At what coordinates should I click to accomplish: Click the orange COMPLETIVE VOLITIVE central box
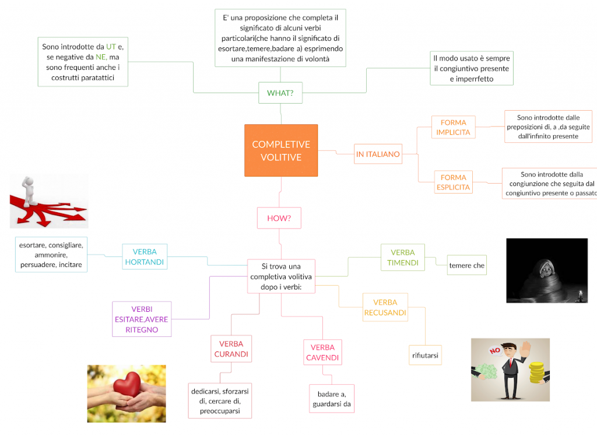[281, 150]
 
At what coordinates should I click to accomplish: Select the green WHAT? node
[280, 93]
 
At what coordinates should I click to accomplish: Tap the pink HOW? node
[279, 218]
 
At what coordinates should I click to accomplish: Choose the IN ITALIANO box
[378, 154]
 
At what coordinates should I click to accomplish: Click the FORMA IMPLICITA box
[453, 128]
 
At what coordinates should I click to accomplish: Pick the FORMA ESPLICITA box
[453, 182]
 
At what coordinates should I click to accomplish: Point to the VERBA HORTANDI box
[145, 257]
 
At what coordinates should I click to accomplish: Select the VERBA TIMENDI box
[403, 258]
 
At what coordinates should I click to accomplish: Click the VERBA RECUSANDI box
[385, 307]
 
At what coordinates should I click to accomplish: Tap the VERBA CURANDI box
[231, 349]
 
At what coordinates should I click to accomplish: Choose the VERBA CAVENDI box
[322, 353]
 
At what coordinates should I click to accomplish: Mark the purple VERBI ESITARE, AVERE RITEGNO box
[141, 319]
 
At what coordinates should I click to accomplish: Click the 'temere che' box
[466, 265]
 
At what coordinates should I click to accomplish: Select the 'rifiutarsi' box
[425, 354]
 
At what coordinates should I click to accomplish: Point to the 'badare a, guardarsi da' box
[331, 399]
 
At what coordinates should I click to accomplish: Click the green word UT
[111, 47]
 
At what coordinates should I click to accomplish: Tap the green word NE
[101, 57]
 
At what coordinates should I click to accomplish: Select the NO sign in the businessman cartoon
[496, 351]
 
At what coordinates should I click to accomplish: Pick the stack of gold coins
[536, 372]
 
